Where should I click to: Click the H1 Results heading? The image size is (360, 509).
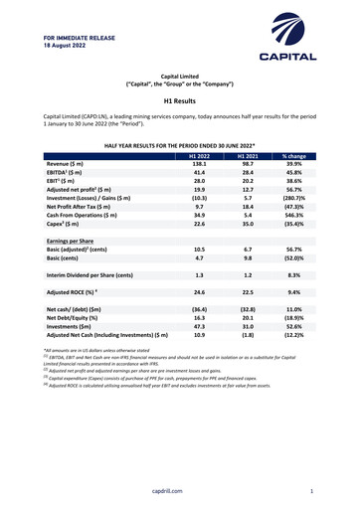tap(180, 100)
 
